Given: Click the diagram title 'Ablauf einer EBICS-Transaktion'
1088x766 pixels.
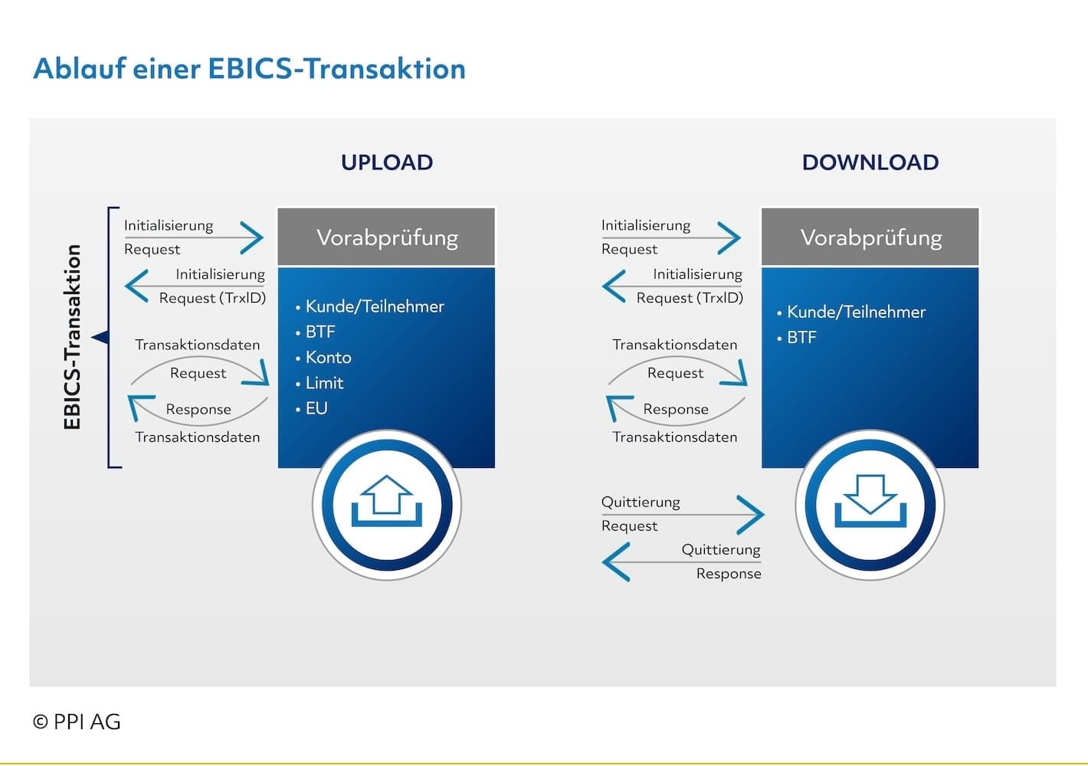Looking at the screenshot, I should click(249, 69).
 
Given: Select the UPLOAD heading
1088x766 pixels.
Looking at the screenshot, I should click(387, 162).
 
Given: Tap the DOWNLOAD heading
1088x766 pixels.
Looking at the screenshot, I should click(870, 162).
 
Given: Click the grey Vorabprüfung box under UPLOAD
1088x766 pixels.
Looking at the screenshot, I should click(386, 237).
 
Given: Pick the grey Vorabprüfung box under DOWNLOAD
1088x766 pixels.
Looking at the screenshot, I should click(870, 237).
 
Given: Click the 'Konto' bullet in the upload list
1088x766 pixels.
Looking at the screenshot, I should click(328, 358).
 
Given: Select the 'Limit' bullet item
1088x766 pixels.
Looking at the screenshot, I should click(324, 383).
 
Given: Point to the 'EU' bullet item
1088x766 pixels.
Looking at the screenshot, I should click(316, 408).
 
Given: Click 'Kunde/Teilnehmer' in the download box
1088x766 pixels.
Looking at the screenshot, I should click(856, 312).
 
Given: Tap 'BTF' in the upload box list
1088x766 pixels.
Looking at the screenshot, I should click(320, 332).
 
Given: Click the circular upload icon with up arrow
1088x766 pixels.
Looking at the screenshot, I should click(386, 505).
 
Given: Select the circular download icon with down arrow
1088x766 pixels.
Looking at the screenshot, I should click(870, 505).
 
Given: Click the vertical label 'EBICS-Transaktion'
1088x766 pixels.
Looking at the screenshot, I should click(73, 337).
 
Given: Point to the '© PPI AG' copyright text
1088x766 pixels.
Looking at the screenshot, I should click(77, 722).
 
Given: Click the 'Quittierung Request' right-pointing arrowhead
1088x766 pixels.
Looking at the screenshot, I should click(750, 514).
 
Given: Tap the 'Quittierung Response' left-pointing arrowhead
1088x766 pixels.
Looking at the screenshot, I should click(616, 561).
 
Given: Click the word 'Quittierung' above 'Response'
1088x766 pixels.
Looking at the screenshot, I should click(720, 549).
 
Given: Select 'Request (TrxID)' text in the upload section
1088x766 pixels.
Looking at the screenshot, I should click(212, 298).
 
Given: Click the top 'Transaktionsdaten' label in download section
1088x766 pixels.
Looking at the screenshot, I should click(674, 345).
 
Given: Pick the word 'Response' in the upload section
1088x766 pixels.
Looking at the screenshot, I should click(198, 409).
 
